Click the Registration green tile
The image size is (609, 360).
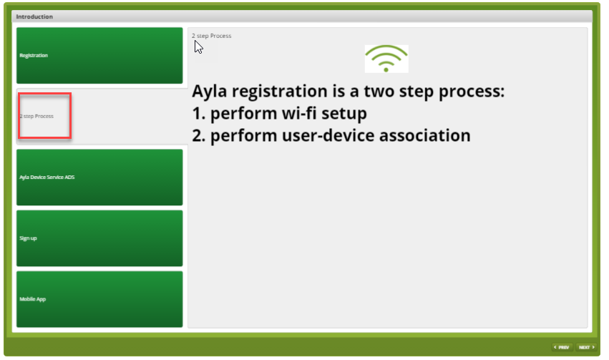[99, 56]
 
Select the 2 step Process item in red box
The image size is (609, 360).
[44, 116]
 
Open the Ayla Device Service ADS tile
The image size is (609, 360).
[99, 177]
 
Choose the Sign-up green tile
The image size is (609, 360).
[99, 238]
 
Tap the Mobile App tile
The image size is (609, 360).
[99, 299]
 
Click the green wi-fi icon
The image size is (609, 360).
[386, 59]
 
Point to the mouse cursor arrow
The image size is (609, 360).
[198, 47]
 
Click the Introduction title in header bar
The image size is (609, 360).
[34, 16]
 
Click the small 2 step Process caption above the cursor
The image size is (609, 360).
[211, 36]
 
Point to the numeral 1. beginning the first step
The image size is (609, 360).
[198, 114]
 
